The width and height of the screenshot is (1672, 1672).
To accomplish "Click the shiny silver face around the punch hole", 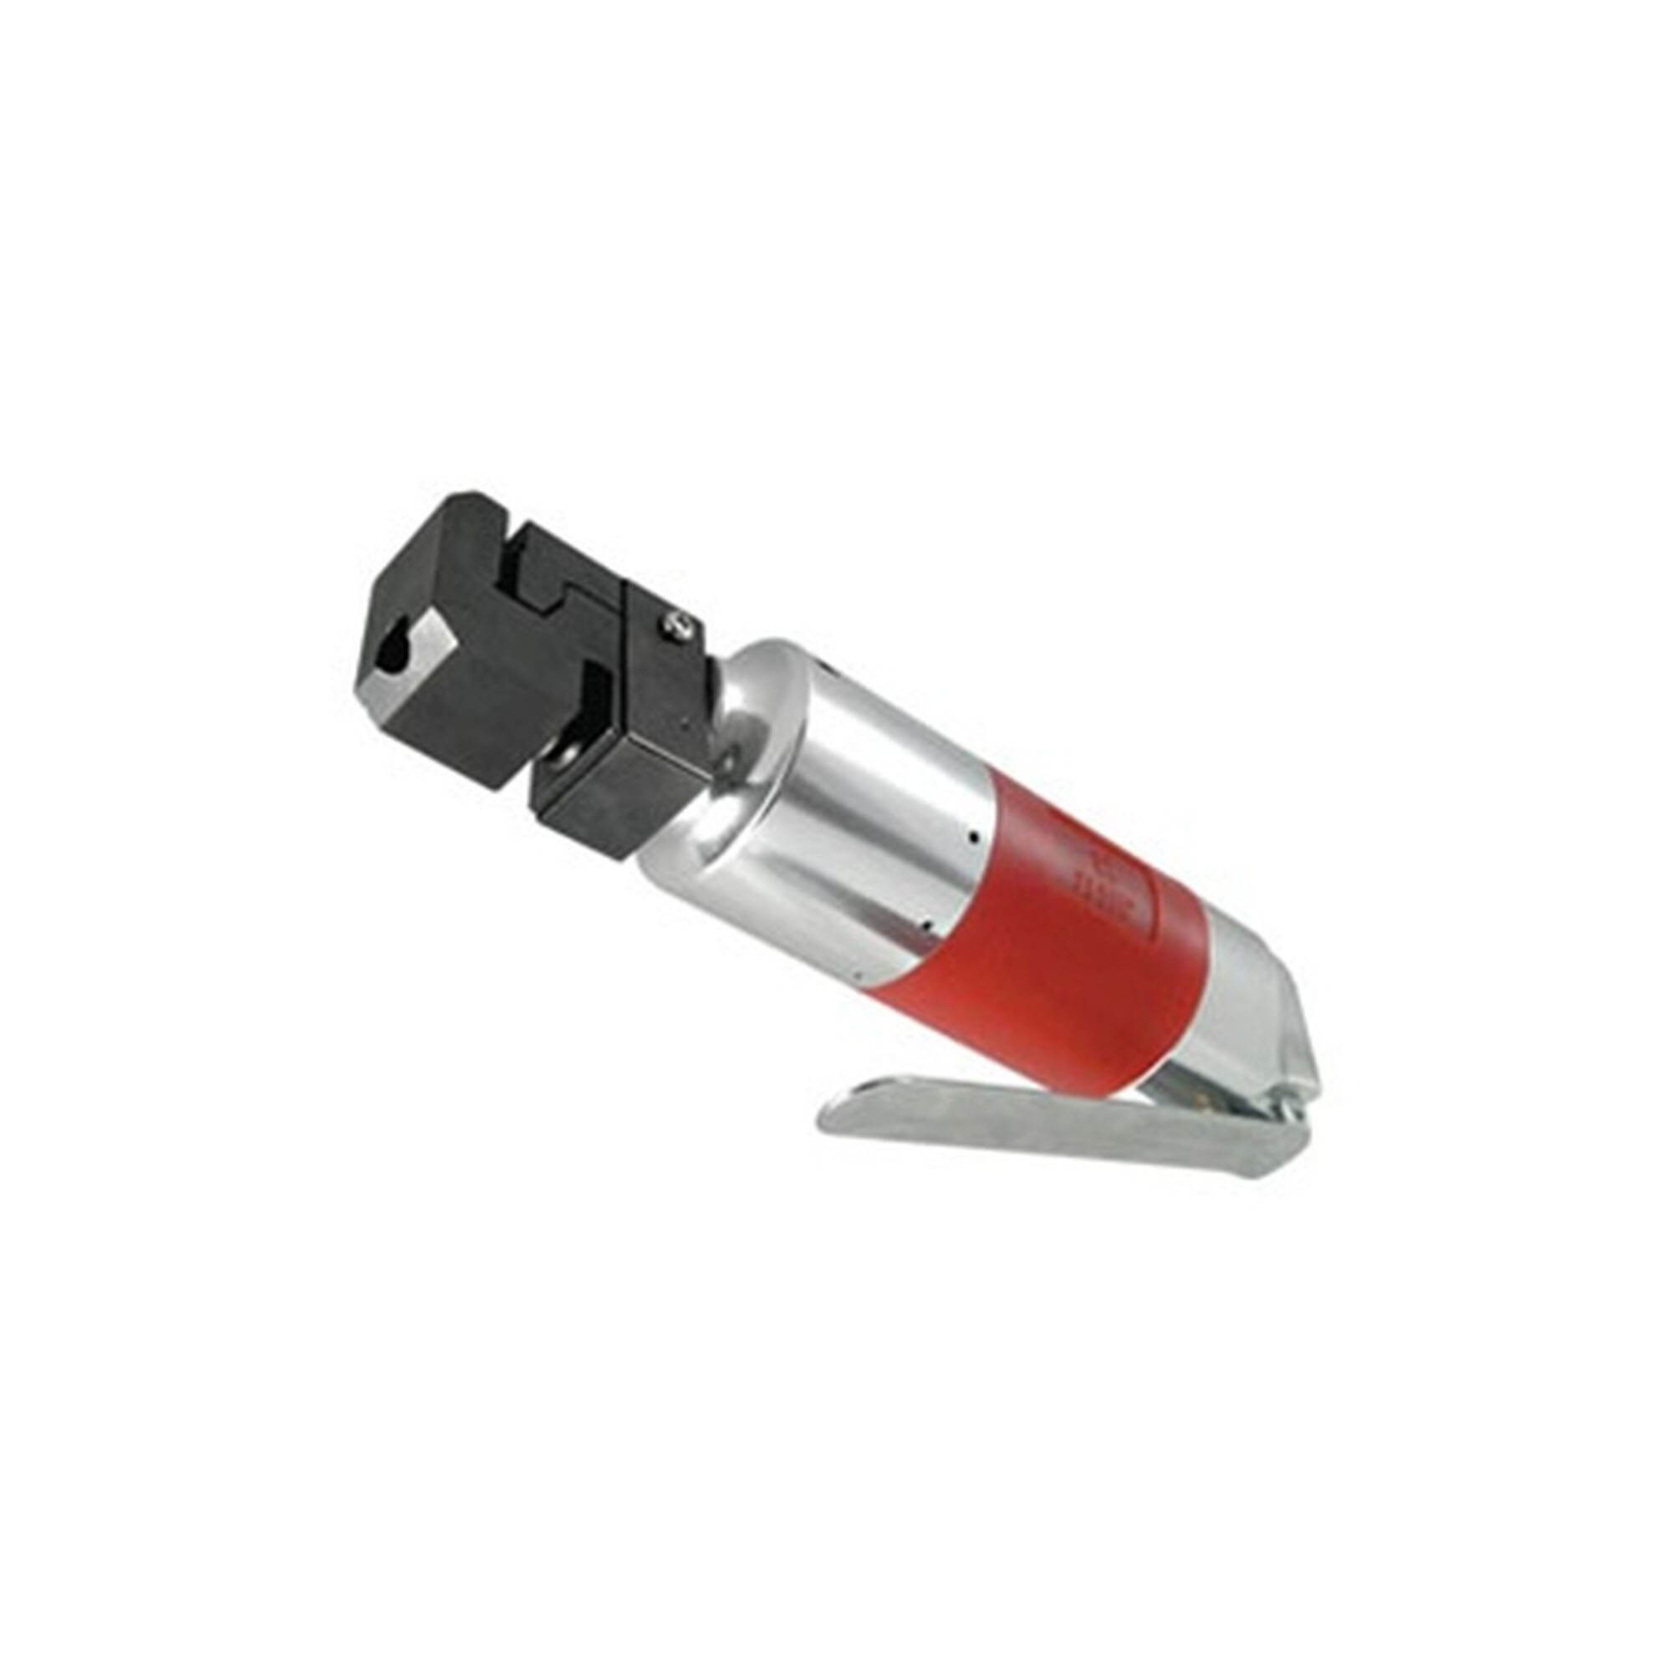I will (407, 670).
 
